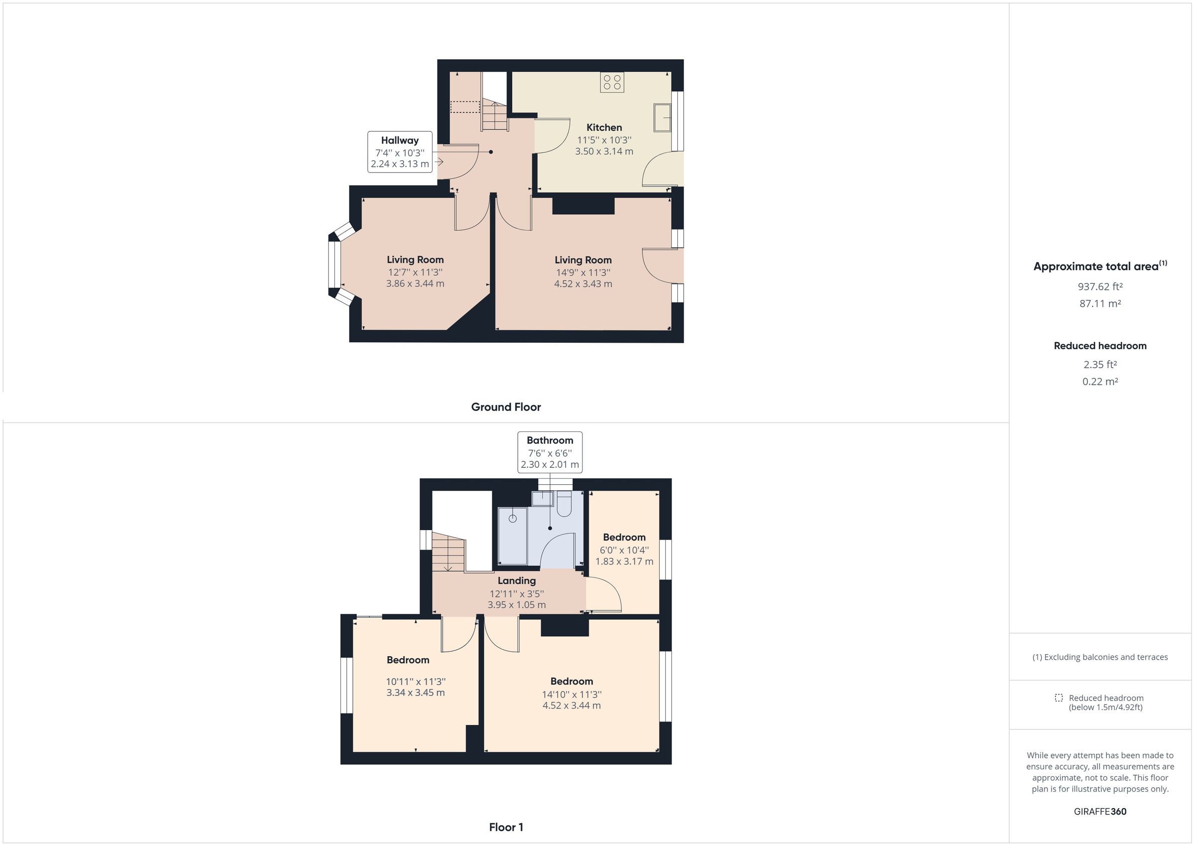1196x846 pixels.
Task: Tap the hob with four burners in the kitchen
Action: tap(611, 82)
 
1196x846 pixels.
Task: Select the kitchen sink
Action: tap(662, 118)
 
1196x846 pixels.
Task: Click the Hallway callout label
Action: tap(400, 151)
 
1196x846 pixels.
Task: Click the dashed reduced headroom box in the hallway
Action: tap(464, 107)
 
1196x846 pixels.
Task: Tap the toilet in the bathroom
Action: tap(564, 504)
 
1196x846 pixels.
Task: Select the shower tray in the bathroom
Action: tap(513, 536)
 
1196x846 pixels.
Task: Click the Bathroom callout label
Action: tap(550, 452)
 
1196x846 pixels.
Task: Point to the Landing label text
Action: tap(516, 581)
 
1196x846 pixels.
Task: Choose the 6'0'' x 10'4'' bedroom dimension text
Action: tap(624, 550)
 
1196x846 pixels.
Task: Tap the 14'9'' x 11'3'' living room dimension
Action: tap(583, 273)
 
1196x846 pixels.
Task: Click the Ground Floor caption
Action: tap(506, 408)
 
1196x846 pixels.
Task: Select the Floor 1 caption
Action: tap(506, 827)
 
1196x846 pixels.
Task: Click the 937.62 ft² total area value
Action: tap(1100, 286)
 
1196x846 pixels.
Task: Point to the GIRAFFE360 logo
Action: tap(1100, 812)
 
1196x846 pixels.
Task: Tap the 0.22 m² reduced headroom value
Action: tap(1100, 382)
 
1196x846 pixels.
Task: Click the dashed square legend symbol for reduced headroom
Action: tap(1058, 698)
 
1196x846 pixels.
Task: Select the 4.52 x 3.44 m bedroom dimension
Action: tap(572, 706)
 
